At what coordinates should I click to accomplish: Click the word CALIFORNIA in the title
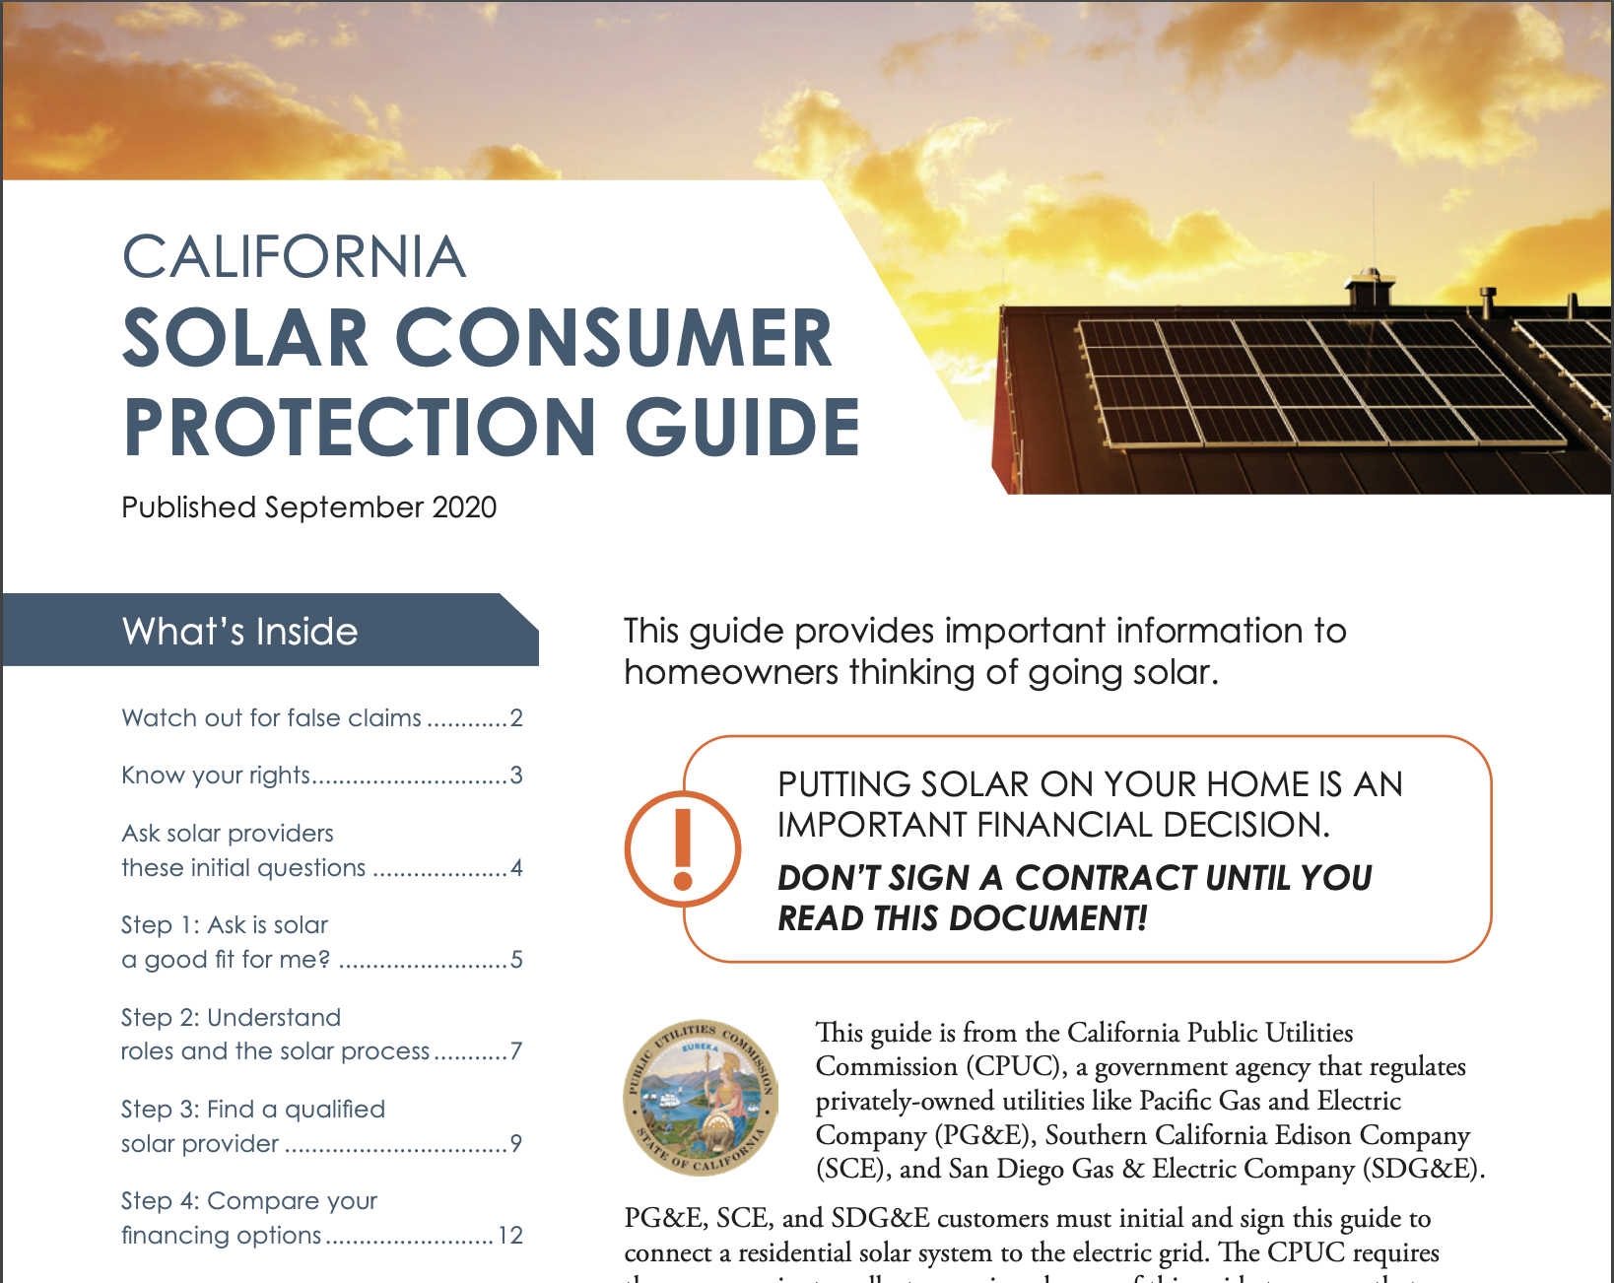pos(294,257)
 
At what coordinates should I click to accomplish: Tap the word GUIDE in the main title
pos(742,427)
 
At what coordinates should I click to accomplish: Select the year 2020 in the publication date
pos(464,507)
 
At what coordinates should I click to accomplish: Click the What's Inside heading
pos(239,632)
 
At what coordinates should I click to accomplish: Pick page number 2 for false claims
pos(516,718)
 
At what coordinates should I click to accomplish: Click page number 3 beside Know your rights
pos(516,776)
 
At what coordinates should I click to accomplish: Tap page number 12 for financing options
pos(510,1236)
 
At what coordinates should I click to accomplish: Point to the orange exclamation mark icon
pos(682,848)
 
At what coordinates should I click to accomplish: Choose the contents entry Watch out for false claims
pos(271,718)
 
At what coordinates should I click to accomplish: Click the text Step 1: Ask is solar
pos(225,925)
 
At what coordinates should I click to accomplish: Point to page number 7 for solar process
pos(516,1051)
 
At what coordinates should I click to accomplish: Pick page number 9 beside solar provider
pos(516,1144)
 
